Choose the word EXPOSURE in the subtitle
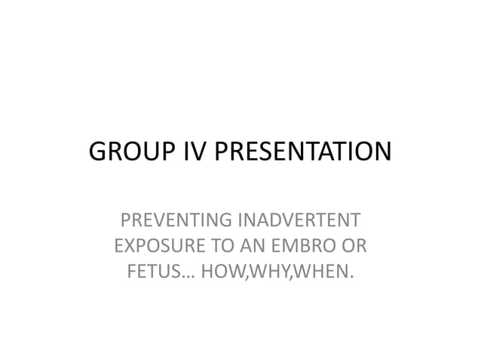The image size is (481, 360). pos(155,246)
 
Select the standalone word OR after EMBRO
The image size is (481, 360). pos(347,246)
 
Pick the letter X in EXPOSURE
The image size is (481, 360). pos(127,246)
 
